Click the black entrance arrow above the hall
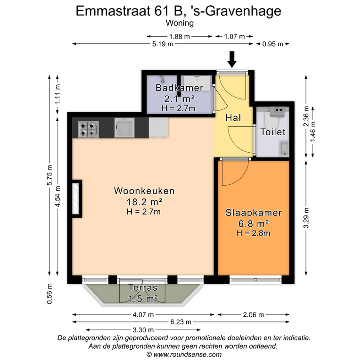pyautogui.click(x=232, y=59)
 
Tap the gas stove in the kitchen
pyautogui.click(x=89, y=130)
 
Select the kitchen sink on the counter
pyautogui.click(x=124, y=127)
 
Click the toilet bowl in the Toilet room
pyautogui.click(x=271, y=118)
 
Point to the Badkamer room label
pyautogui.click(x=179, y=88)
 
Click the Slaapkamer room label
pyautogui.click(x=254, y=213)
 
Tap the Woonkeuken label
pyautogui.click(x=144, y=191)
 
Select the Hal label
pyautogui.click(x=233, y=118)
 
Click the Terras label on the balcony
pyautogui.click(x=143, y=288)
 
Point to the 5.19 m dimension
pyautogui.click(x=163, y=44)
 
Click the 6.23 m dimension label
pyautogui.click(x=181, y=322)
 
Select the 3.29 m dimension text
pyautogui.click(x=306, y=218)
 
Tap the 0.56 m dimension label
pyautogui.click(x=49, y=294)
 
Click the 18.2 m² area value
pyautogui.click(x=145, y=202)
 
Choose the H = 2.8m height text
pyautogui.click(x=253, y=233)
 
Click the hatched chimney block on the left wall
pyautogui.click(x=76, y=199)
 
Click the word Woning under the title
pyautogui.click(x=180, y=23)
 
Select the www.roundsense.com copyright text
pyautogui.click(x=184, y=354)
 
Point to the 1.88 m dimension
pyautogui.click(x=180, y=36)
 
